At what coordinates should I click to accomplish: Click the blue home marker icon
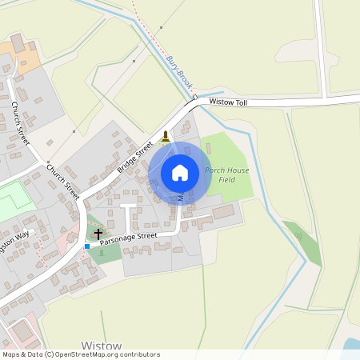click(x=180, y=173)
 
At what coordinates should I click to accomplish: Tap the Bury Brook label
click(x=180, y=72)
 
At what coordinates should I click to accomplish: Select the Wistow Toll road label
click(x=230, y=102)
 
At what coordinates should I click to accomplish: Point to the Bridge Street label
click(x=135, y=158)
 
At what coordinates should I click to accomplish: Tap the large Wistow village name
click(x=102, y=346)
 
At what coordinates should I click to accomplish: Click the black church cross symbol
click(x=98, y=234)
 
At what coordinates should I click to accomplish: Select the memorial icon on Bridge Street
click(x=166, y=136)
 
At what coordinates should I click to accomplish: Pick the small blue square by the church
click(x=87, y=246)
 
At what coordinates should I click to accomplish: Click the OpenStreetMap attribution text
click(x=81, y=354)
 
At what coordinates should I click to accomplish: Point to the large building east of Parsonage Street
click(x=224, y=212)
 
